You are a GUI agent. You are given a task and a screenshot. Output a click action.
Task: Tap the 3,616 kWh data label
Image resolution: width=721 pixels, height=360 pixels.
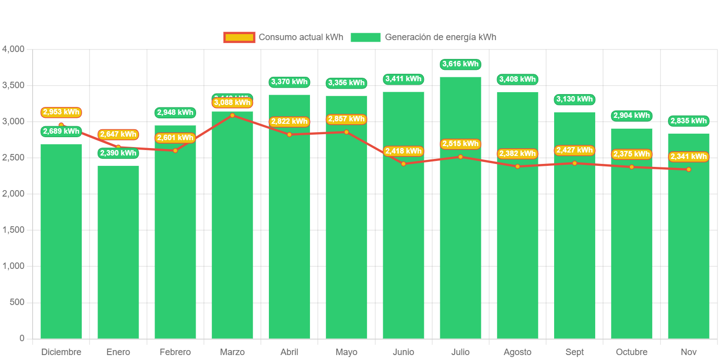coord(461,64)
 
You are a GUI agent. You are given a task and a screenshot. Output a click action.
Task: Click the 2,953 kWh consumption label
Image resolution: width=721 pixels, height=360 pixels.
coord(61,112)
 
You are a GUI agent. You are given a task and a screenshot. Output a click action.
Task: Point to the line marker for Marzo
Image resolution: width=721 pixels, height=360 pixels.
coord(232,115)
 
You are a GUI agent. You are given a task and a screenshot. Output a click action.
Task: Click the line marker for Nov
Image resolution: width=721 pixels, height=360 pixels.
coord(688,169)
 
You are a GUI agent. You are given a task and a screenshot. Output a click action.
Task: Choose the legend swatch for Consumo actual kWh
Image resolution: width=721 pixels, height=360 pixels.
coord(239,37)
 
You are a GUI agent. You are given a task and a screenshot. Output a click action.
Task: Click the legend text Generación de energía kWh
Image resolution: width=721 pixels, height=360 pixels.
coord(440,37)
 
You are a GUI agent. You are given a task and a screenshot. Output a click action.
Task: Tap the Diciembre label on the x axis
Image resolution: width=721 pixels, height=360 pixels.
coord(61,352)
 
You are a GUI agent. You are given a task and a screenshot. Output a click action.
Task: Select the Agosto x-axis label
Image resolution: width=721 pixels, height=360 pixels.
coord(517,352)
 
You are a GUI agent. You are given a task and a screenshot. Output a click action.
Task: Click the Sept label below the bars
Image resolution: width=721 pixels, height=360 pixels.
coord(574,352)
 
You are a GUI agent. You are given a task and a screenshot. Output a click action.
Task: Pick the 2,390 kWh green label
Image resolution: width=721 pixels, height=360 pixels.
coord(118,153)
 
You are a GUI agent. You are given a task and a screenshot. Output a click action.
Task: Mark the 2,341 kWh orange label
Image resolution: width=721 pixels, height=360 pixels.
coord(688,156)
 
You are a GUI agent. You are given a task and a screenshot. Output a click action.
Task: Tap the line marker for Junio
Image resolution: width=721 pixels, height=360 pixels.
coord(404,163)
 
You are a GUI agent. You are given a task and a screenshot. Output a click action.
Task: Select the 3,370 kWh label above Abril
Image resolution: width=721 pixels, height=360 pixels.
coord(289,82)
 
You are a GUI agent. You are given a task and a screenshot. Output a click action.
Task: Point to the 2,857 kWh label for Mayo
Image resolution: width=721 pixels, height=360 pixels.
coord(346,119)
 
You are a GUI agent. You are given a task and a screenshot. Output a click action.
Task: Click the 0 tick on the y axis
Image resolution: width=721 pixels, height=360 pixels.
coord(21,338)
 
